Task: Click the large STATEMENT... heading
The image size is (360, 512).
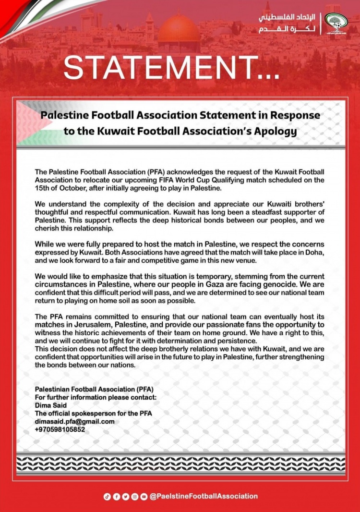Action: pos(171,68)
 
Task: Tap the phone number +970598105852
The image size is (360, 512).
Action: pos(60,429)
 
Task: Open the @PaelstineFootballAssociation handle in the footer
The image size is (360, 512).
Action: pos(204,496)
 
